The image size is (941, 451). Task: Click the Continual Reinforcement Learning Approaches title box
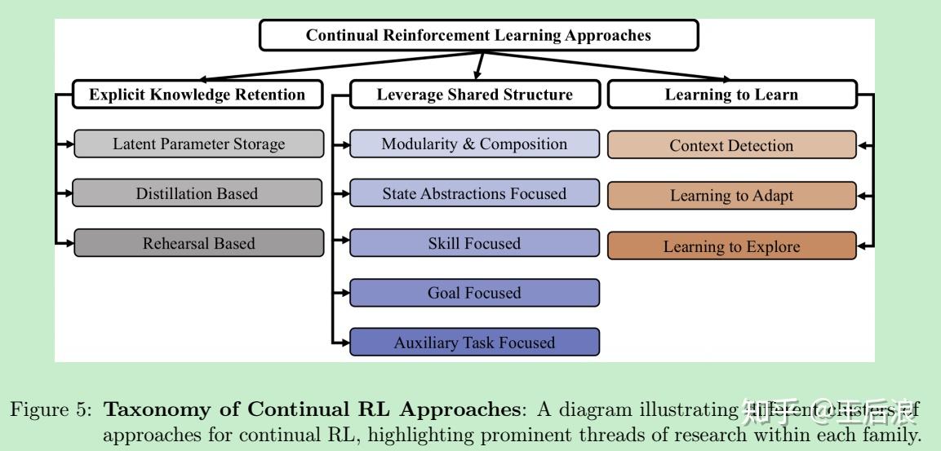pyautogui.click(x=478, y=35)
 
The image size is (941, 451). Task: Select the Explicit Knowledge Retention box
pyautogui.click(x=197, y=95)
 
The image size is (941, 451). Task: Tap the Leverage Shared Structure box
pyautogui.click(x=474, y=95)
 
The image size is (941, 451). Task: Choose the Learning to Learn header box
pyautogui.click(x=731, y=95)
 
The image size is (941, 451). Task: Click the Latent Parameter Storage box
pyautogui.click(x=198, y=144)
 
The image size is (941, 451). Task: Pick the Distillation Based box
pyautogui.click(x=198, y=193)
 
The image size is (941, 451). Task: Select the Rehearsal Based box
pyautogui.click(x=198, y=243)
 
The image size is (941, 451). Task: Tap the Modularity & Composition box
pyautogui.click(x=474, y=144)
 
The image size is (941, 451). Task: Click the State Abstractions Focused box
pyautogui.click(x=474, y=193)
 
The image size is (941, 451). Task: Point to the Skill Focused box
pyautogui.click(x=474, y=243)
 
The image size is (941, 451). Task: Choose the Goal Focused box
pyautogui.click(x=474, y=293)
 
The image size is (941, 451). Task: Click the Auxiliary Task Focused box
pyautogui.click(x=474, y=343)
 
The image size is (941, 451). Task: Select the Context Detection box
pyautogui.click(x=731, y=146)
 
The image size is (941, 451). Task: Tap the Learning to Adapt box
pyautogui.click(x=731, y=196)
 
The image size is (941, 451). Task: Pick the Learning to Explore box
pyautogui.click(x=731, y=246)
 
